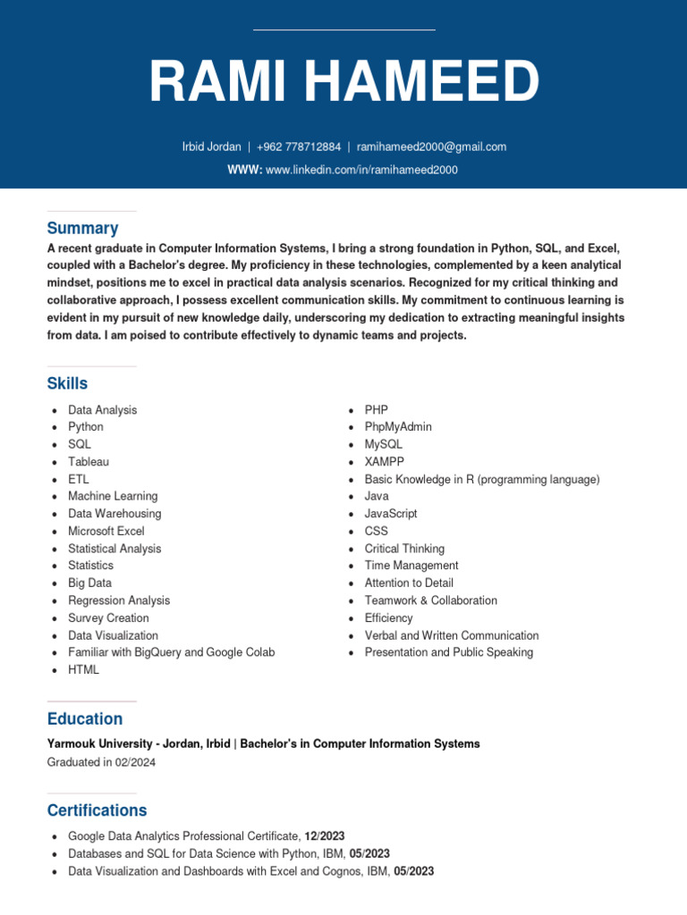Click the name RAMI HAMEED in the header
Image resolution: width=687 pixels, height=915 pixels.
343,82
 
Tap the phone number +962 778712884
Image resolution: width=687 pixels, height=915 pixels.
299,147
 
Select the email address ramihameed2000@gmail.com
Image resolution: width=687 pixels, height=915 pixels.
432,147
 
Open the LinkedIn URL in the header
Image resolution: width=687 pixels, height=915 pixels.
361,170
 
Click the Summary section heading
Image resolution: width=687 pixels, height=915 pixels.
82,228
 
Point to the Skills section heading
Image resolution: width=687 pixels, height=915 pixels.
67,383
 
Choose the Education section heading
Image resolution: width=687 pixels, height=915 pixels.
84,718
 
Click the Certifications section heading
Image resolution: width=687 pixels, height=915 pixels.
97,810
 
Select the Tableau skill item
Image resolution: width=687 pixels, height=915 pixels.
89,462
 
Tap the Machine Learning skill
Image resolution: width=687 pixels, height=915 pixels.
113,496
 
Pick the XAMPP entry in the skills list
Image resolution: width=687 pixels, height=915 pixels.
384,462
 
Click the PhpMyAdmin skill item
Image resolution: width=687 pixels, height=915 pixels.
398,427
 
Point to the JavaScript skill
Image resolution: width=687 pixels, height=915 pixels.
391,514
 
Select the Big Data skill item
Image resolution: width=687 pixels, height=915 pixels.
89,583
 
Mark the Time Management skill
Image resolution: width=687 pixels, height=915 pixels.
411,566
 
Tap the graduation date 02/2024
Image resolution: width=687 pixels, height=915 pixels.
134,762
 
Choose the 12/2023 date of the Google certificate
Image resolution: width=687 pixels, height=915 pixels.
325,836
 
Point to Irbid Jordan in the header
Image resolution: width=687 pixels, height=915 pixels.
211,147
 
